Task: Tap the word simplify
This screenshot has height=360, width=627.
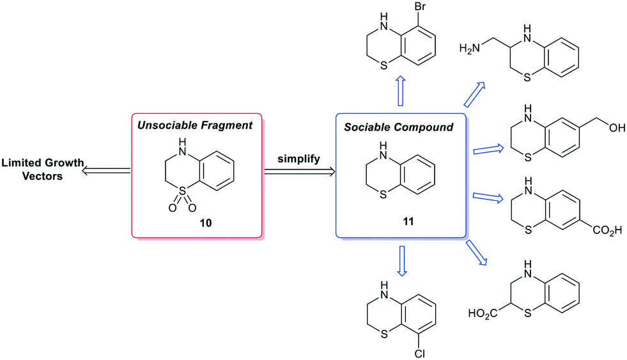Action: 299,156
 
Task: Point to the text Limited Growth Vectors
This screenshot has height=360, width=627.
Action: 42,169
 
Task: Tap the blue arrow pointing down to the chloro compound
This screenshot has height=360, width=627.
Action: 401,263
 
